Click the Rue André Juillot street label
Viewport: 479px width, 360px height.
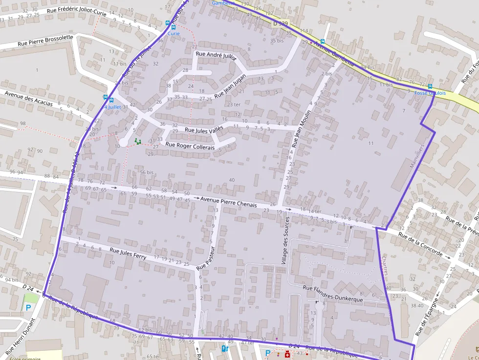(216, 55)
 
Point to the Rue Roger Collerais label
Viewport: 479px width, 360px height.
(190, 145)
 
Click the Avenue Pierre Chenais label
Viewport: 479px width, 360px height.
(229, 201)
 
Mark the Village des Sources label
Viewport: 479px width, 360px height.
(285, 242)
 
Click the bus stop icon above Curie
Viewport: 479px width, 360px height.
(168, 23)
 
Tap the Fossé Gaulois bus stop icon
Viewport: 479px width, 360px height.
(430, 86)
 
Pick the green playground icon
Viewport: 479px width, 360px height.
(137, 141)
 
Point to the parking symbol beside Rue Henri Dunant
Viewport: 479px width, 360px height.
(28, 308)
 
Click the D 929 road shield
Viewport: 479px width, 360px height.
(281, 23)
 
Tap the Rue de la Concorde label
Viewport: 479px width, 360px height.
(420, 244)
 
